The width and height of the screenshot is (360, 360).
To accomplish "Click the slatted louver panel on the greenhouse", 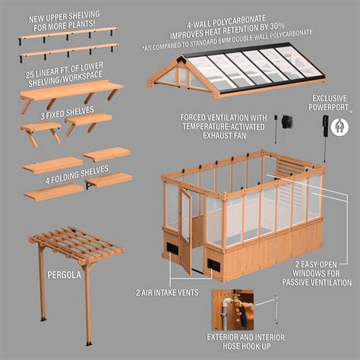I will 289,166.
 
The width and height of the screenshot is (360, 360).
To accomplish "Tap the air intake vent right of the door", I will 214,264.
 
